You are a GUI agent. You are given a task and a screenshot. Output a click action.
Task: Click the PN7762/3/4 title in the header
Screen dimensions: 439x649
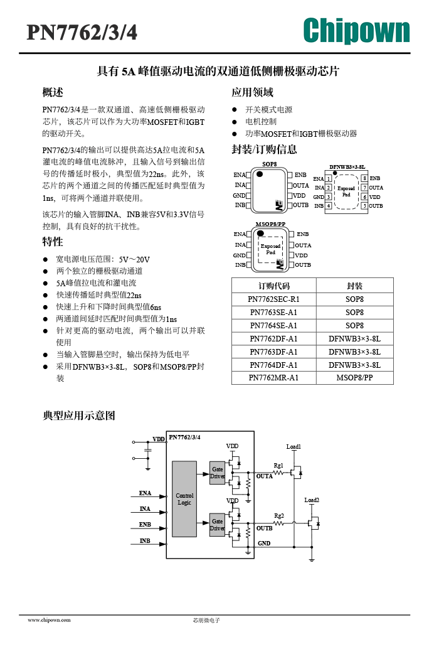tap(82, 32)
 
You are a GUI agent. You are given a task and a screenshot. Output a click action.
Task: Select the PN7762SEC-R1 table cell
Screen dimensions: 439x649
tap(273, 299)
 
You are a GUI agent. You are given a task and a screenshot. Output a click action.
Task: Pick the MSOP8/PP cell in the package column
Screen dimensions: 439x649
tap(355, 378)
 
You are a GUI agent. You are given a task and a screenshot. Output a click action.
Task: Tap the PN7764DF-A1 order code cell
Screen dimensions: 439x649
tap(273, 365)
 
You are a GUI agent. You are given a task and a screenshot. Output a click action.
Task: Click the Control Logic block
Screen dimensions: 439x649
tap(184, 499)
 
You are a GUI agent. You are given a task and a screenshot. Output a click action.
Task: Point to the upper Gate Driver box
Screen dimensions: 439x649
tap(218, 473)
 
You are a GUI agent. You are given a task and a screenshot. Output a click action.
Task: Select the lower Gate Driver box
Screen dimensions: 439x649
tap(218, 525)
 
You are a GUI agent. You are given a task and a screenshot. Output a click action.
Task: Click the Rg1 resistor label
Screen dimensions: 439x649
tap(278, 466)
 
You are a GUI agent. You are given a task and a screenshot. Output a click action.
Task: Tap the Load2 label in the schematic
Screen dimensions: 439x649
tap(312, 500)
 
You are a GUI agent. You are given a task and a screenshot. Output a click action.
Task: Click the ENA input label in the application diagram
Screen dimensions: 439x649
tap(145, 493)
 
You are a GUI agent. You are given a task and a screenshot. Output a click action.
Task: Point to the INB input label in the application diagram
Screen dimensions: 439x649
tap(145, 540)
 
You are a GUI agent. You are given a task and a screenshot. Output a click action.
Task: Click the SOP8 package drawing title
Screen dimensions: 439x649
tap(270, 164)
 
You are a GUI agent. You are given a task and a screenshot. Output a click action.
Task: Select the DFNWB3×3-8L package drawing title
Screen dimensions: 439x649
tap(347, 167)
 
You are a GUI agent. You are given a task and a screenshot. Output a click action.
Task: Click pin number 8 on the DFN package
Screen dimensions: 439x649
tap(364, 178)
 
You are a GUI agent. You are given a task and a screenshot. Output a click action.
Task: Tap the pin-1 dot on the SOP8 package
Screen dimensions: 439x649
tap(260, 174)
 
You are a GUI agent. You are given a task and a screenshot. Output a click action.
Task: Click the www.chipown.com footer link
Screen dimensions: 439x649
tap(49, 620)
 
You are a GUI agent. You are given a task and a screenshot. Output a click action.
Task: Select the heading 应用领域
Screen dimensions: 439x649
tap(253, 92)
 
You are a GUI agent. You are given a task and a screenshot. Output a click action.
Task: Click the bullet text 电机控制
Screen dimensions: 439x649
tap(261, 122)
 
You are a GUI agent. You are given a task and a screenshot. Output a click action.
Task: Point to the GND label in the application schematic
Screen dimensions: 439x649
tap(264, 543)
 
